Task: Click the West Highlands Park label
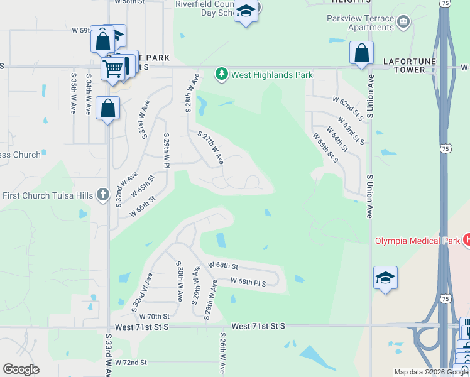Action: click(271, 75)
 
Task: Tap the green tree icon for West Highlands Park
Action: click(221, 75)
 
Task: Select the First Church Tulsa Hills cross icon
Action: click(104, 195)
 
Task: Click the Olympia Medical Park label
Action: click(417, 240)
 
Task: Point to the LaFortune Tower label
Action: click(410, 65)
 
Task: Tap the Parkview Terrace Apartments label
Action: click(361, 23)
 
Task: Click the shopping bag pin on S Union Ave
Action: click(361, 53)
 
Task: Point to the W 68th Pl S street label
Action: click(249, 283)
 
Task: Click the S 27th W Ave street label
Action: click(210, 148)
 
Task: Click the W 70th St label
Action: click(155, 316)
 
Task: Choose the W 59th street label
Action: click(82, 30)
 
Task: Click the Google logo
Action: click(21, 369)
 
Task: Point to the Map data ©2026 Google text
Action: click(430, 372)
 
